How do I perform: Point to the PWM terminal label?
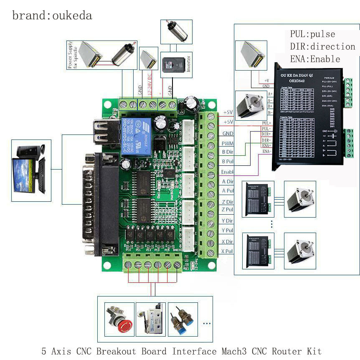click(x=228, y=143)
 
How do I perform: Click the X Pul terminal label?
click(x=228, y=251)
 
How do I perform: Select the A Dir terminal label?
click(x=228, y=181)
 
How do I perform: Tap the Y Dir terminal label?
click(x=228, y=221)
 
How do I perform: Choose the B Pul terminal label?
click(x=228, y=161)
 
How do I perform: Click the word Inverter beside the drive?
click(x=188, y=65)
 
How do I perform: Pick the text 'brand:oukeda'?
click(x=52, y=16)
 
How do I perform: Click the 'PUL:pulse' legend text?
click(x=312, y=34)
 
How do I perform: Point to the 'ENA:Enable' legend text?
click(x=315, y=58)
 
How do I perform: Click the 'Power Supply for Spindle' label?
click(x=72, y=54)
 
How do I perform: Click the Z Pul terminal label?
click(x=228, y=209)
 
